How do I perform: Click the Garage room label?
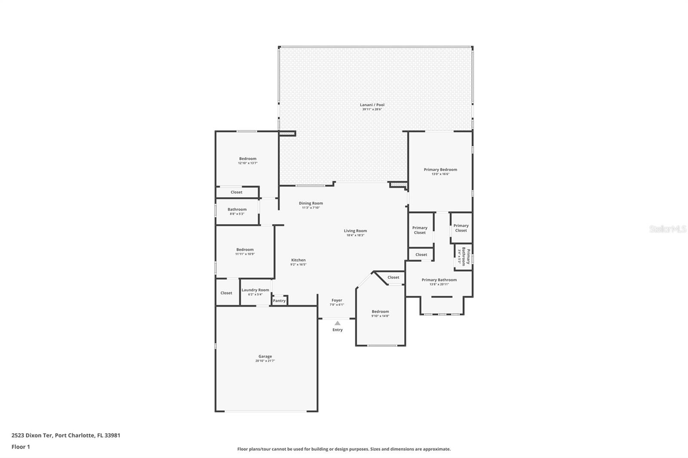pos(265,356)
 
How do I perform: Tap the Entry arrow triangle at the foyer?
pos(338,323)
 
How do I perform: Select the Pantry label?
pos(279,301)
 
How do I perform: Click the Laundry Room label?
pos(255,290)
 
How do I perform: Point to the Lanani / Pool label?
pos(372,105)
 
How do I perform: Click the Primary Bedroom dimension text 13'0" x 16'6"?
pos(440,174)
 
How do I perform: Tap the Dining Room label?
pos(311,203)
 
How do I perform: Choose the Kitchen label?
pos(298,260)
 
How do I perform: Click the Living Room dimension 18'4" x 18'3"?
pos(355,235)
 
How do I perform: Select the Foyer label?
pos(337,300)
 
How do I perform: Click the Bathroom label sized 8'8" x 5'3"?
pos(237,209)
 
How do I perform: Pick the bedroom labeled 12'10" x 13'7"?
pos(248,159)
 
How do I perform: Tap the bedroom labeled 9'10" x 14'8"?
pos(380,311)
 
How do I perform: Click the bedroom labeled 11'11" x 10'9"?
pos(245,250)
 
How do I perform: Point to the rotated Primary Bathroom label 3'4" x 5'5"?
pos(464,256)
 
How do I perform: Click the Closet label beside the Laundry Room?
pos(226,293)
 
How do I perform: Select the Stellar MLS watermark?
pos(667,229)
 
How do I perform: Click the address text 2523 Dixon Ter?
pos(32,435)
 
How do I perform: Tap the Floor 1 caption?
pos(21,447)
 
